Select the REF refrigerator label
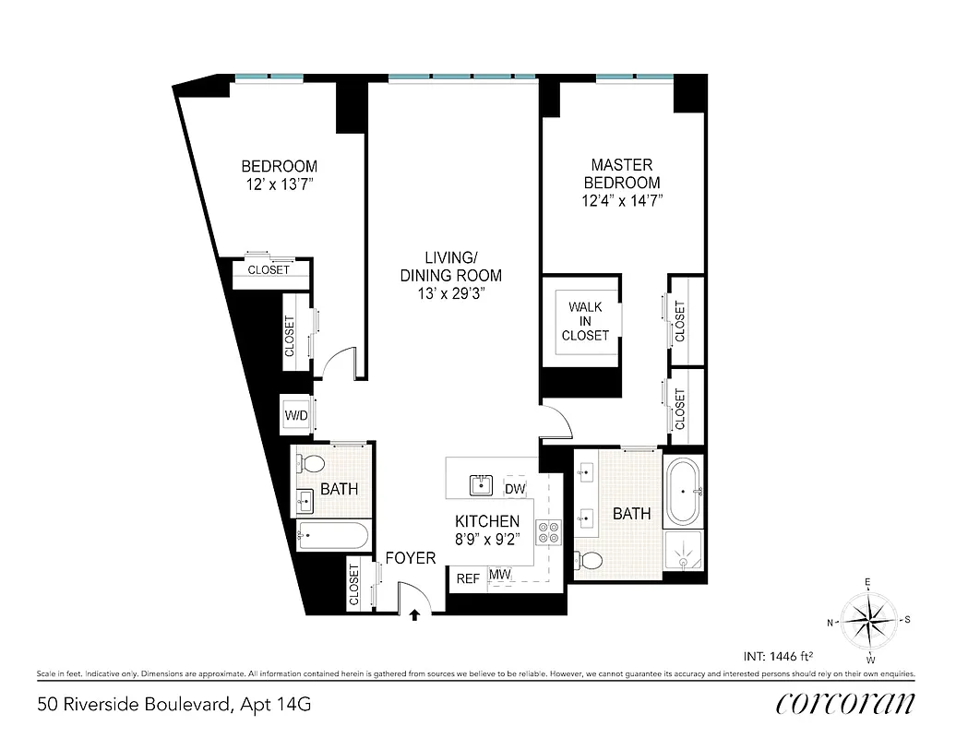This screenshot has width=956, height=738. coord(468,578)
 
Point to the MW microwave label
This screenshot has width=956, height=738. coord(500,576)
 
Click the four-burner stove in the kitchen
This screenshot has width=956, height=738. coord(549,532)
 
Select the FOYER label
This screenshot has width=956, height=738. coord(410,558)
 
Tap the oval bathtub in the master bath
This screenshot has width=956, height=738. coord(684,488)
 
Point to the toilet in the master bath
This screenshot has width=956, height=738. coord(590,559)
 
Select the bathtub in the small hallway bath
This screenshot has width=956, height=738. coord(332,535)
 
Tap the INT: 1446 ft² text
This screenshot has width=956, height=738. coord(778,657)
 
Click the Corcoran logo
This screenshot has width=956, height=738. coord(845,704)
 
